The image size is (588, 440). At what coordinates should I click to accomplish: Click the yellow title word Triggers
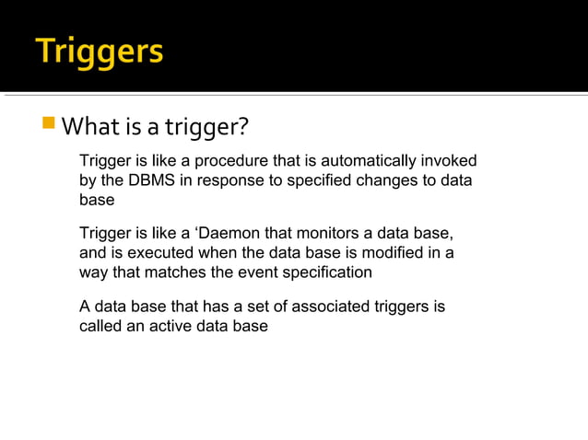pyautogui.click(x=100, y=51)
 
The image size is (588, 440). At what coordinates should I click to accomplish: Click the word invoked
pyautogui.click(x=449, y=161)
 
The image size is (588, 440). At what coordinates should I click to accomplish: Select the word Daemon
pyautogui.click(x=229, y=233)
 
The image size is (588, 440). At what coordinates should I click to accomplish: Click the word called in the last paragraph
pyautogui.click(x=100, y=327)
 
